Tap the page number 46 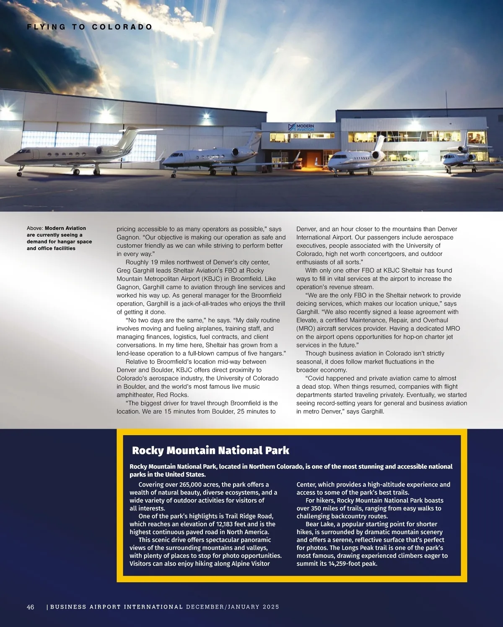pyautogui.click(x=31, y=607)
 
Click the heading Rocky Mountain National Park pyautogui.click(x=210, y=450)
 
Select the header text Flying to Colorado pyautogui.click(x=90, y=27)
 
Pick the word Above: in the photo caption pyautogui.click(x=35, y=228)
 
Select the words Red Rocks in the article pyautogui.click(x=174, y=395)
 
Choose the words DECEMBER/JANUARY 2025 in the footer pyautogui.click(x=232, y=607)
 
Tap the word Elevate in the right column pyautogui.click(x=307, y=320)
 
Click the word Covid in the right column pyautogui.click(x=316, y=378)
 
